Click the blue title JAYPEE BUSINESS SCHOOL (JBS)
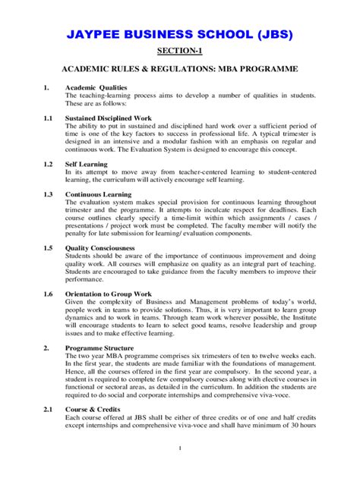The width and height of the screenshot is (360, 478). pos(179,35)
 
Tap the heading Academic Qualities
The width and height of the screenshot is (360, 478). pos(96,87)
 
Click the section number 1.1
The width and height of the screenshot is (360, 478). pos(47,118)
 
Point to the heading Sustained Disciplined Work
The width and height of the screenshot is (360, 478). pos(109,118)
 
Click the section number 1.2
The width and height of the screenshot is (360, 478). pos(47,163)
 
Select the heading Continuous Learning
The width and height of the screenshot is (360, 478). pos(99,194)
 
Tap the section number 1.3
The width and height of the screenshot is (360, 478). pos(47,194)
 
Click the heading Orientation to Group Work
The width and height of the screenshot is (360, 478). pos(109,293)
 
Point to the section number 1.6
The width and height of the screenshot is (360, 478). pos(47,293)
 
